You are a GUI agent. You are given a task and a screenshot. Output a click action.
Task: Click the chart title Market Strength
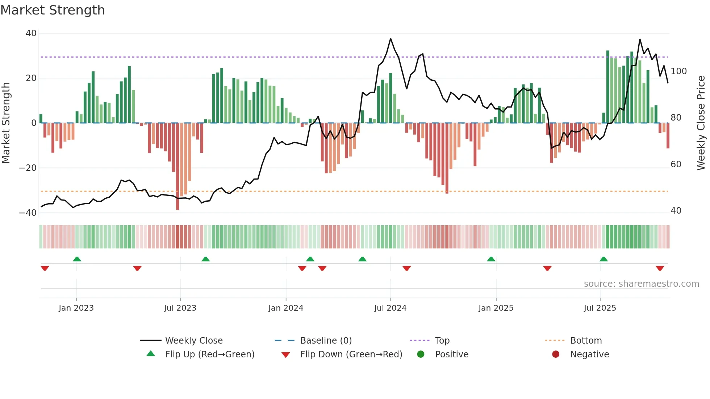pyautogui.click(x=53, y=10)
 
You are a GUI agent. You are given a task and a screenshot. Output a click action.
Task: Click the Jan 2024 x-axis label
pyautogui.click(x=286, y=308)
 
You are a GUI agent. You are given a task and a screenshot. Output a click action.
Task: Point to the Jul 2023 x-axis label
pyautogui.click(x=180, y=308)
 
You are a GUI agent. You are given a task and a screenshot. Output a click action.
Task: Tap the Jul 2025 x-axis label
pyautogui.click(x=600, y=308)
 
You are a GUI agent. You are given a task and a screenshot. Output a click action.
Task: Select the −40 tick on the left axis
pyautogui.click(x=28, y=213)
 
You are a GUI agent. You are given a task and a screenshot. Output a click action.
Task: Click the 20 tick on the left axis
pyautogui.click(x=31, y=78)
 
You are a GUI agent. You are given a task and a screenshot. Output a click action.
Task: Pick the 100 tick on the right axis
pyautogui.click(x=678, y=71)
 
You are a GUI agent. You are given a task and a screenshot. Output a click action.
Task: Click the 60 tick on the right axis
pyautogui.click(x=676, y=164)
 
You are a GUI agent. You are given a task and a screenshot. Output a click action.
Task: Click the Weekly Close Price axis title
pyautogui.click(x=701, y=123)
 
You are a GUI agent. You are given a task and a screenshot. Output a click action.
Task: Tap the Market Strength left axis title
pyautogui.click(x=6, y=123)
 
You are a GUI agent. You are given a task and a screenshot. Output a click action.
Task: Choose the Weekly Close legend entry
pyautogui.click(x=194, y=341)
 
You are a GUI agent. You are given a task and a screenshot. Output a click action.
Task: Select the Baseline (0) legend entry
pyautogui.click(x=326, y=341)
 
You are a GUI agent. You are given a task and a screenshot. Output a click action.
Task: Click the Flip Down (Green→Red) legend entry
pyautogui.click(x=351, y=354)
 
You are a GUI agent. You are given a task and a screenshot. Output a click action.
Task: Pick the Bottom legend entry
pyautogui.click(x=586, y=341)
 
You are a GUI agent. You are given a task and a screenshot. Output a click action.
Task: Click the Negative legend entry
pyautogui.click(x=589, y=354)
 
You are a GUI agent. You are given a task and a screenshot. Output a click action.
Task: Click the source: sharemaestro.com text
pyautogui.click(x=641, y=284)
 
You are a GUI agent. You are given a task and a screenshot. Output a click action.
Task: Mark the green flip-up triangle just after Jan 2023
pyautogui.click(x=77, y=259)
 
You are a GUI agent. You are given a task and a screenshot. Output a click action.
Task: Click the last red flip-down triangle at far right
pyautogui.click(x=660, y=268)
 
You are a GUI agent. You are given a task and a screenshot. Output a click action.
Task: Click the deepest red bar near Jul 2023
pyautogui.click(x=177, y=167)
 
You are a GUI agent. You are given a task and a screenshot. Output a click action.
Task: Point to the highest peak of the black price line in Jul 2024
pyautogui.click(x=390, y=39)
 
